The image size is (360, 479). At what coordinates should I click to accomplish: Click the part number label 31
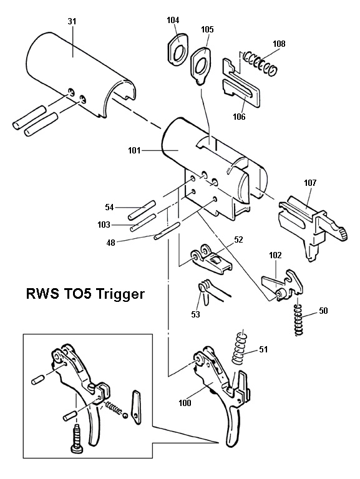tap(71, 21)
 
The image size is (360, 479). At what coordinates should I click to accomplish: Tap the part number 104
tap(173, 20)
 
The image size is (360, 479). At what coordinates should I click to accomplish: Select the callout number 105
tap(207, 29)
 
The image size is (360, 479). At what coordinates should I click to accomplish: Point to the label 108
tap(279, 44)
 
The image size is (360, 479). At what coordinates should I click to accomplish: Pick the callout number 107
tap(310, 183)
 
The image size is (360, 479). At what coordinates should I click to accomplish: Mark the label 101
tap(133, 150)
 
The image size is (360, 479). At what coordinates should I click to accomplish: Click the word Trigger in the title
tap(122, 293)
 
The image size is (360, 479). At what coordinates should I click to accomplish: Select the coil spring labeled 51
tap(239, 350)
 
